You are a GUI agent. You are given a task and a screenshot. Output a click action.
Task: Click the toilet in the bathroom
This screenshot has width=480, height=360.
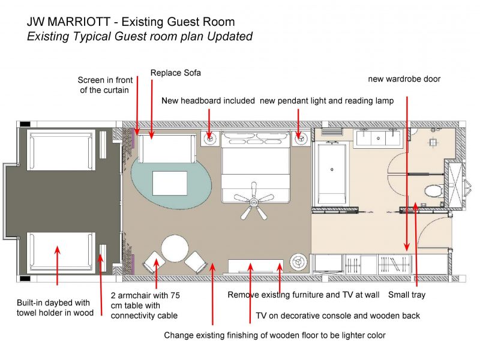point(433,191)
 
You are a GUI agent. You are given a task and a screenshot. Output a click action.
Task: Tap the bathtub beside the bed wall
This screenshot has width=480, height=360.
point(332,173)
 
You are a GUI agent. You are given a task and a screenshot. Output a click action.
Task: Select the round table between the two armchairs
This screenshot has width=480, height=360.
point(175,248)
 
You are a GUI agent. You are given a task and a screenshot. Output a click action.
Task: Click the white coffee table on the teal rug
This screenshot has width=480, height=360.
point(170,183)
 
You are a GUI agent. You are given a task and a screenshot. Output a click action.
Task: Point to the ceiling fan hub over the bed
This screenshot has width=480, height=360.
point(253,202)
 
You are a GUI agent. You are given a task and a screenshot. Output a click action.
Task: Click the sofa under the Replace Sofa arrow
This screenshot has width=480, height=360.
point(167,149)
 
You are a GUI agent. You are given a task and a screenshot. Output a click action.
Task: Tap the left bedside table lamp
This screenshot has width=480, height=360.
point(210,139)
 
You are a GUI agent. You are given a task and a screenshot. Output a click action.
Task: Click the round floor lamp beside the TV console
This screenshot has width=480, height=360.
point(298,262)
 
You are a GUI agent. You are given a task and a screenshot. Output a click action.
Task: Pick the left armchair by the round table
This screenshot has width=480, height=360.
point(154,262)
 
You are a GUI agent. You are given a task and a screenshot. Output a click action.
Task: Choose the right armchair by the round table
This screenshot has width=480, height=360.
point(196,262)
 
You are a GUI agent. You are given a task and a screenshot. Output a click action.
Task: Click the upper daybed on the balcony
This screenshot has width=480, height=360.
point(61,150)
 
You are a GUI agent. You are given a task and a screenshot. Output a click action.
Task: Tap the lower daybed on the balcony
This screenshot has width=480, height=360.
point(61,253)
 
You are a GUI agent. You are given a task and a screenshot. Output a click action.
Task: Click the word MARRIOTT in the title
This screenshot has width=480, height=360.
point(79,22)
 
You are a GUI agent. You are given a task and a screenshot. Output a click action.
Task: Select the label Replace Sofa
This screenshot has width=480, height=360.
point(176,73)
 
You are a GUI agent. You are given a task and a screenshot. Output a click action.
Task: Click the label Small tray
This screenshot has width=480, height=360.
point(407,295)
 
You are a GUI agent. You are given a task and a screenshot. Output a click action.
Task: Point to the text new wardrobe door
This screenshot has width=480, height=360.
point(404,79)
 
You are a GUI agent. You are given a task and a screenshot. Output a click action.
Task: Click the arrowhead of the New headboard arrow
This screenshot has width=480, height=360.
point(209,136)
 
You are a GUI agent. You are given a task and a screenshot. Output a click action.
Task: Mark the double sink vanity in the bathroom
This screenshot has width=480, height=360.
point(379,138)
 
